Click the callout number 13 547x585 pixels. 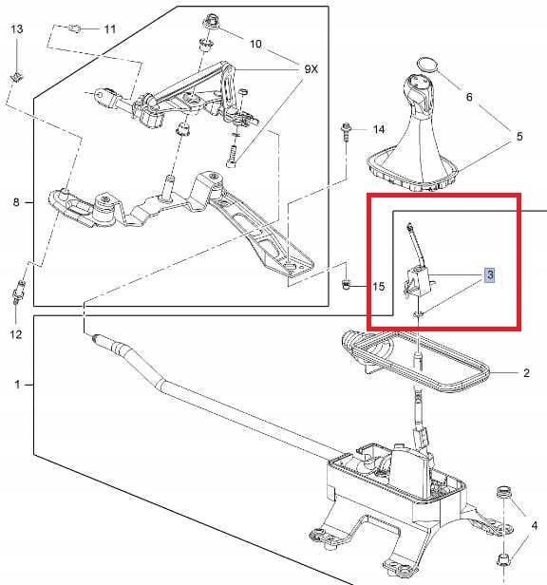click(16, 30)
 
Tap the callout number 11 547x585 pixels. click(109, 29)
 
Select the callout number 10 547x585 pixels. click(255, 44)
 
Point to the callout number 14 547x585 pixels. click(378, 128)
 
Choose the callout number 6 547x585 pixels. click(468, 97)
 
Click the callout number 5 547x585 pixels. click(519, 137)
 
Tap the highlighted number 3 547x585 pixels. click(489, 275)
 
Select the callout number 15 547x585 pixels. click(378, 286)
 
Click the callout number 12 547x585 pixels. click(15, 334)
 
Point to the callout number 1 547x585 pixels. click(16, 385)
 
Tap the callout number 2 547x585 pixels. click(526, 373)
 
